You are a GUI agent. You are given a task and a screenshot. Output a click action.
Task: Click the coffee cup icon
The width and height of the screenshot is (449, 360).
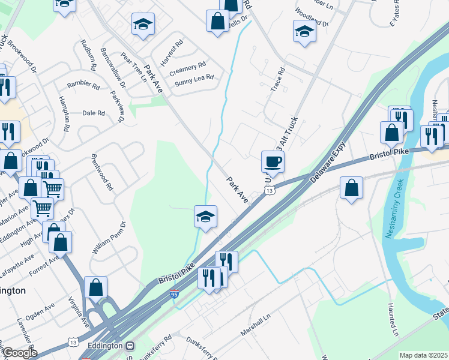(x=273, y=161)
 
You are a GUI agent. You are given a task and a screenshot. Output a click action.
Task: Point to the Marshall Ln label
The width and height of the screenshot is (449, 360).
(x=256, y=323)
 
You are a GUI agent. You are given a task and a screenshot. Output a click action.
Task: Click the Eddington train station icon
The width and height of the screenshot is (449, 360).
(x=130, y=346)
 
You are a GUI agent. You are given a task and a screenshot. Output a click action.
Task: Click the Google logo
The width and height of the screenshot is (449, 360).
(x=19, y=353)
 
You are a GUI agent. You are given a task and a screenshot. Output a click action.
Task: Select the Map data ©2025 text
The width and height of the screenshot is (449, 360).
(x=423, y=355)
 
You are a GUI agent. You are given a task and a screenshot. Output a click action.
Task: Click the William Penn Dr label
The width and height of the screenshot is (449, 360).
(x=108, y=238)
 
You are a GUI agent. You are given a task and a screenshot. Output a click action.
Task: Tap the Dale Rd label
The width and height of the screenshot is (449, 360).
(x=93, y=113)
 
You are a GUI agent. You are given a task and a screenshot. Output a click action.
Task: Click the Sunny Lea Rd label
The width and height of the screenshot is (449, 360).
(x=194, y=79)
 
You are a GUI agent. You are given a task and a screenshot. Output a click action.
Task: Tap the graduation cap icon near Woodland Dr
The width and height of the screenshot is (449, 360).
(x=304, y=31)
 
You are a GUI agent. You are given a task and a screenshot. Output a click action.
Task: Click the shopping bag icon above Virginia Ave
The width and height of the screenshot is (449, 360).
(x=95, y=287)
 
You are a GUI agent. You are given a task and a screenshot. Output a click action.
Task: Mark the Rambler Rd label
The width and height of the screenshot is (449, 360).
(x=83, y=85)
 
